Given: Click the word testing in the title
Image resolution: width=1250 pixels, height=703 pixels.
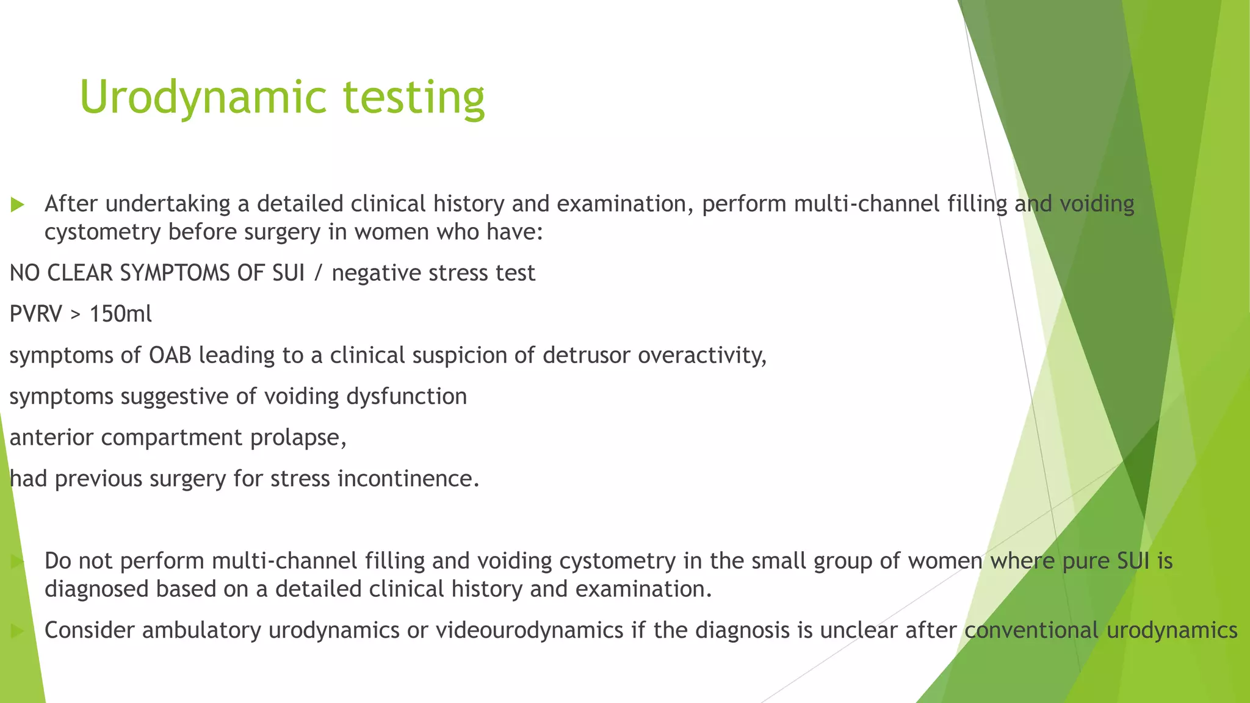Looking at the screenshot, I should pyautogui.click(x=414, y=98).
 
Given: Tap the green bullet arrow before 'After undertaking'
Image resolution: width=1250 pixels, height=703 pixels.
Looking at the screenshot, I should pyautogui.click(x=18, y=205).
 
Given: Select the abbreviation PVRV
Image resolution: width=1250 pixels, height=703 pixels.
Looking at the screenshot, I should pyautogui.click(x=36, y=314).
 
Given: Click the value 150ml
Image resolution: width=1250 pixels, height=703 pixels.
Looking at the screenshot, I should pyautogui.click(x=120, y=314).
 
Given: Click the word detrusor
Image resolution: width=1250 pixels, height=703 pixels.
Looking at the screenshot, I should pyautogui.click(x=586, y=355).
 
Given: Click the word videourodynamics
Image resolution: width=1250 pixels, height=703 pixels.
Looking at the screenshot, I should pyautogui.click(x=529, y=630).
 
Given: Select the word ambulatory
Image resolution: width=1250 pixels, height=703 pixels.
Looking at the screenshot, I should pyautogui.click(x=202, y=630).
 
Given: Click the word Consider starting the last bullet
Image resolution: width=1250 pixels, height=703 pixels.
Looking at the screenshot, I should pyautogui.click(x=89, y=630).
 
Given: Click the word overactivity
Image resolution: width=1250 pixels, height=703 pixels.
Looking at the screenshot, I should pyautogui.click(x=702, y=355).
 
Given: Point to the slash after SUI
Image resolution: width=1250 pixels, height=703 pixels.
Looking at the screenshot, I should pyautogui.click(x=318, y=273).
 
